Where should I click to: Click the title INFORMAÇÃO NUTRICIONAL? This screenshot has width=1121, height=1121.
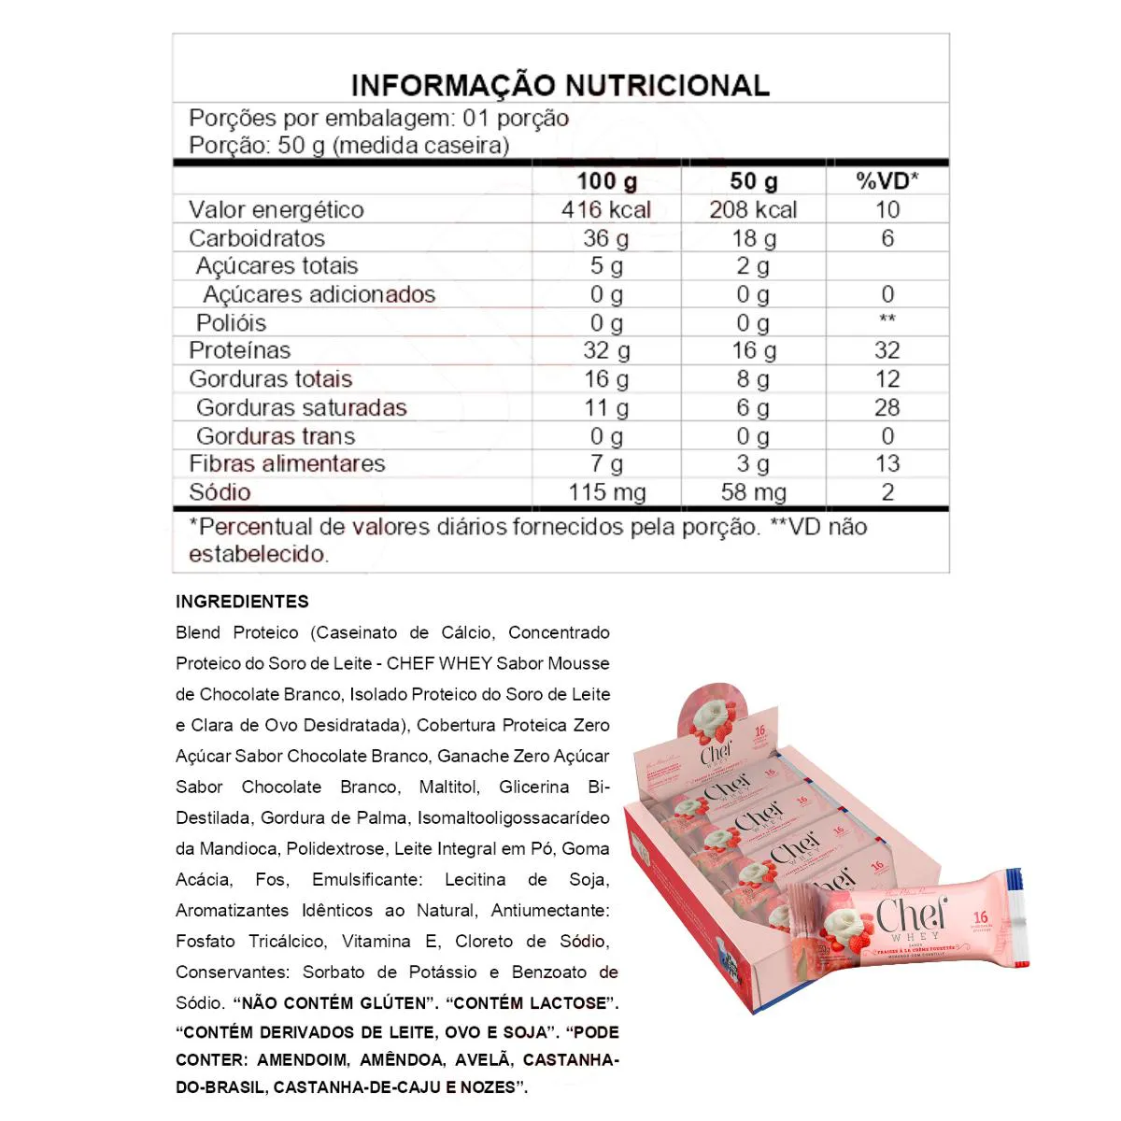560,85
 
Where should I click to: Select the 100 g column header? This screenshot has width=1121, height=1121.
606,181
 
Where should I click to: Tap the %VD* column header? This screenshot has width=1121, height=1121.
887,181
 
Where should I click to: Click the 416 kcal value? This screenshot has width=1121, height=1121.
606,210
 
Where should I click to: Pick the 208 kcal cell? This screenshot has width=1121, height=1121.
753,210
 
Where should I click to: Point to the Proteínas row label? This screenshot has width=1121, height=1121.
239,350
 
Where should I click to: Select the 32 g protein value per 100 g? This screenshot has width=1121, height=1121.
606,351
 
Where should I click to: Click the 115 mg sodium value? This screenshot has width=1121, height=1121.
606,492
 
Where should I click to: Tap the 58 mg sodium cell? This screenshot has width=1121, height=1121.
753,492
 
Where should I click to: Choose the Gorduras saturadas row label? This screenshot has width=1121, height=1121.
301,407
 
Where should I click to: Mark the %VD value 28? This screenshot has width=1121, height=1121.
887,407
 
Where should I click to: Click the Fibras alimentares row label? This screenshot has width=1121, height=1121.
287,463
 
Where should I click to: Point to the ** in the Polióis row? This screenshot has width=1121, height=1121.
887,319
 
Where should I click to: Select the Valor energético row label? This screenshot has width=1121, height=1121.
276,210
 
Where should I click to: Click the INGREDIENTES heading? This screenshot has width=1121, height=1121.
242,602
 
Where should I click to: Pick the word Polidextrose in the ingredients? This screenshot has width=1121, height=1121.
335,848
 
